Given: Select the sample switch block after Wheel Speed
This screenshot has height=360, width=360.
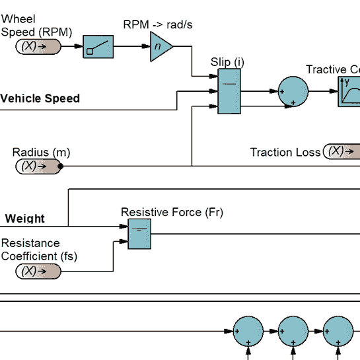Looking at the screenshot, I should (98, 47).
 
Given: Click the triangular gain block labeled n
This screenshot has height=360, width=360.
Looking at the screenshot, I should (160, 47).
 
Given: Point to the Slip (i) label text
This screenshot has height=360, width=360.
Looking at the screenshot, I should (227, 62).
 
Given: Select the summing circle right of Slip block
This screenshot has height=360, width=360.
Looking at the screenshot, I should (293, 90).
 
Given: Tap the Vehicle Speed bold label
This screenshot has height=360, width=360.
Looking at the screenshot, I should (40, 98).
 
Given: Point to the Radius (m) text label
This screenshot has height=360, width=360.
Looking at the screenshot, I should (41, 153).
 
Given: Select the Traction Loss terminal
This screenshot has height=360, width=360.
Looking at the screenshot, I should (342, 151).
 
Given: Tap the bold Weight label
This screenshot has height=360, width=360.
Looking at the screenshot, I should (25, 219).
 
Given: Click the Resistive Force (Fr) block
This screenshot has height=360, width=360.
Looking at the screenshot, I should (139, 234).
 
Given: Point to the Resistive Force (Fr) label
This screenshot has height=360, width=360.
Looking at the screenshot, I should (172, 212).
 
